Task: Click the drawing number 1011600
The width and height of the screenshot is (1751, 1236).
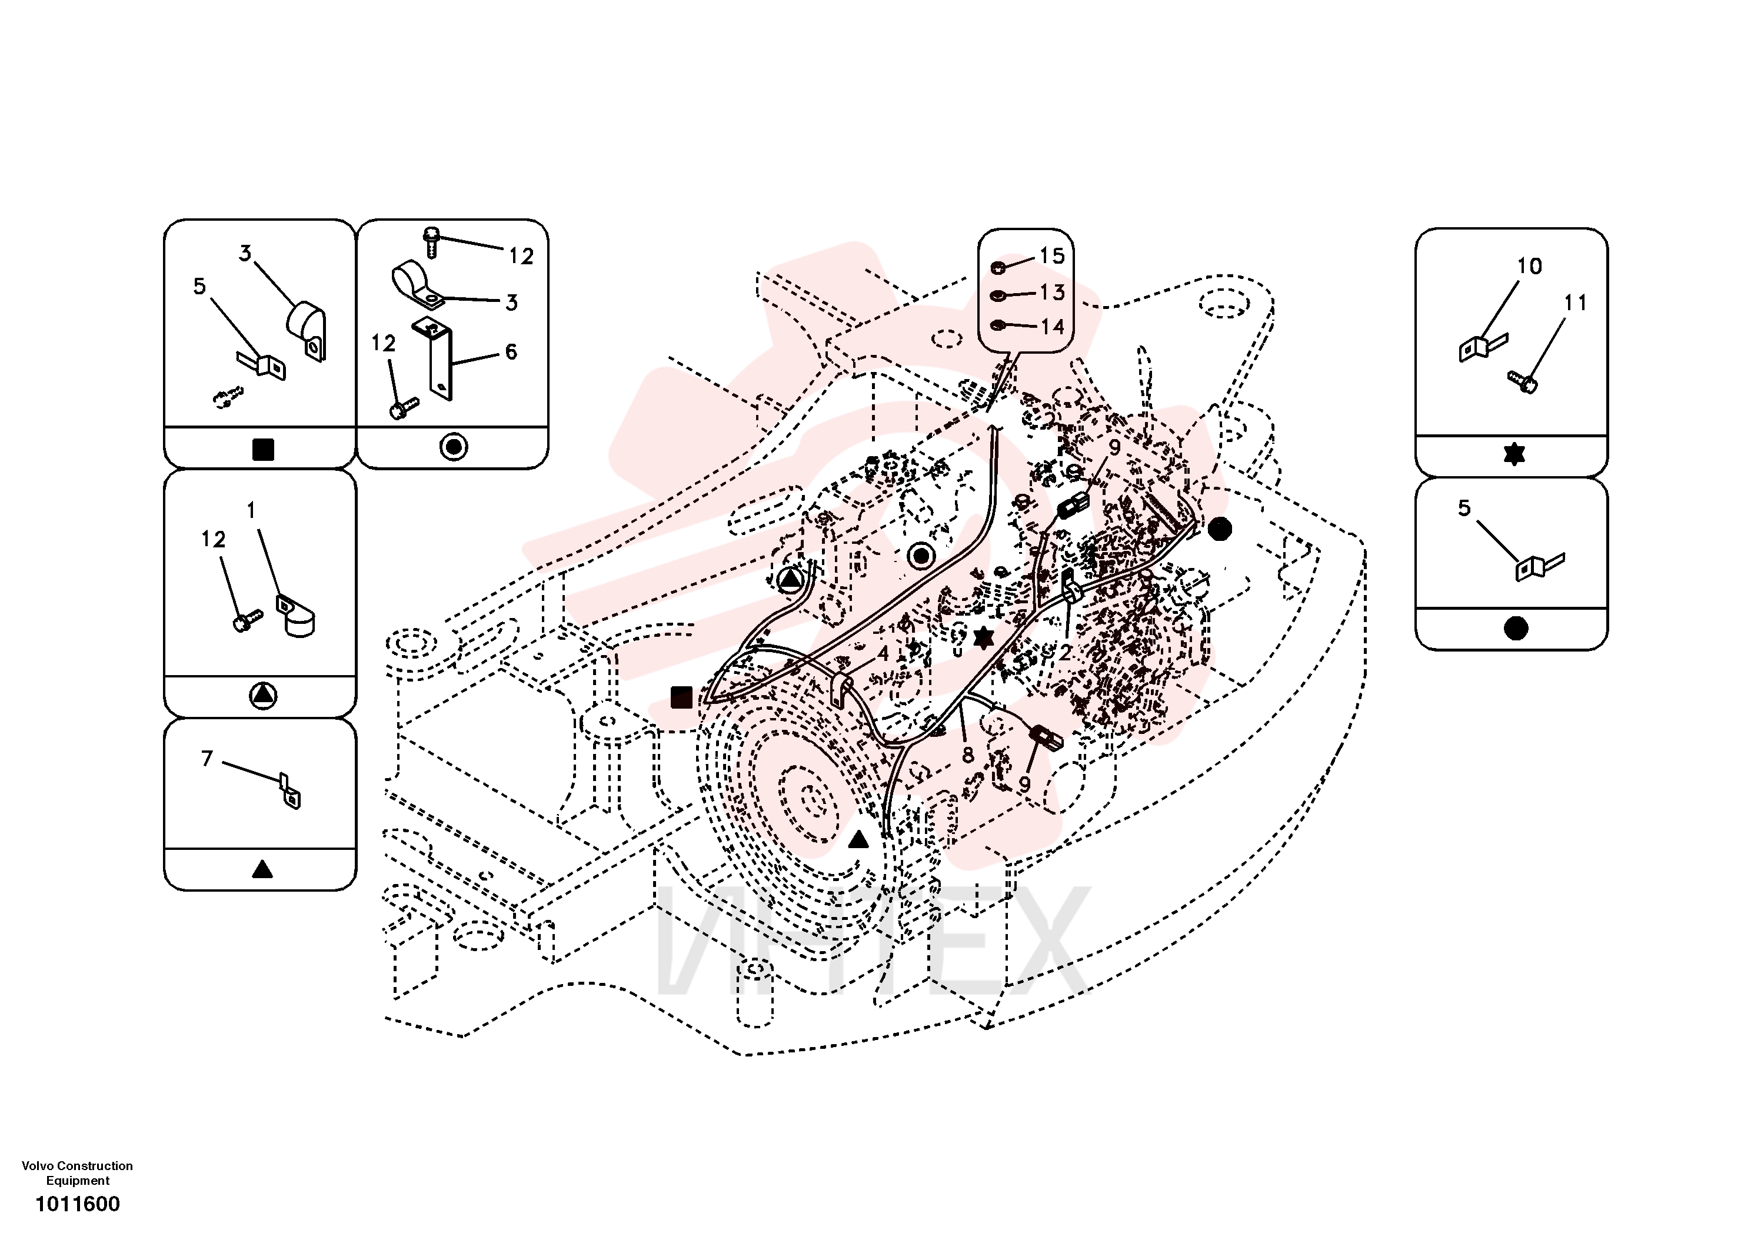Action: coord(78,1204)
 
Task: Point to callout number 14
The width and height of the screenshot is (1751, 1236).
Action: coord(1053,327)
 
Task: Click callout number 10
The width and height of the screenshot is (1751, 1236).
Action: coord(1529,266)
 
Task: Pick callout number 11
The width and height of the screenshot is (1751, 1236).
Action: coord(1575,303)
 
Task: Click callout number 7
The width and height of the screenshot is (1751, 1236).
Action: coord(207,759)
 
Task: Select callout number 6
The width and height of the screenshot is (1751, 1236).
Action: coord(511,352)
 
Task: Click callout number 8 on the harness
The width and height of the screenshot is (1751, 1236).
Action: coord(968,755)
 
